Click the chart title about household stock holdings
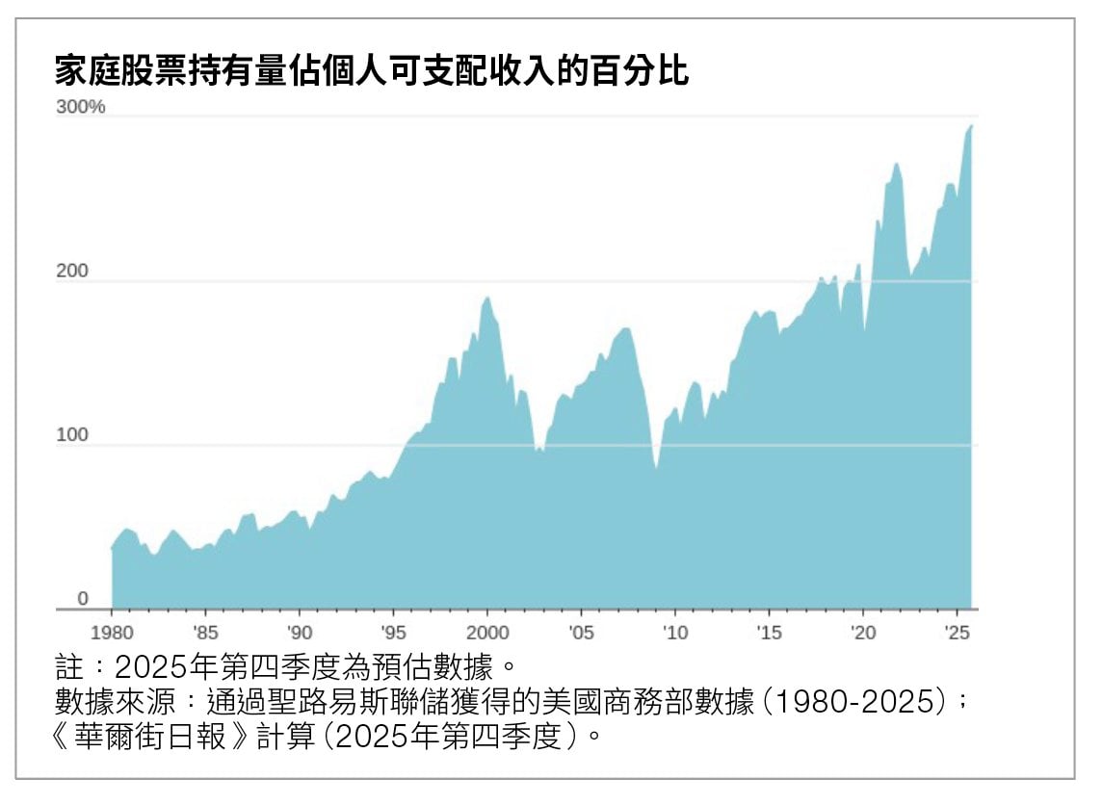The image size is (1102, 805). [372, 71]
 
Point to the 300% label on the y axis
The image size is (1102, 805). [81, 107]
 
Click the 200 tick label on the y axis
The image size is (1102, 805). [72, 272]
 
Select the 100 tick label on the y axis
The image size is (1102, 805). [72, 435]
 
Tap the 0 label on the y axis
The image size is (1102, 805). [83, 599]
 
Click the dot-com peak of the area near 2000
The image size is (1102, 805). [487, 298]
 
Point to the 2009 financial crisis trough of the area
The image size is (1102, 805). [656, 468]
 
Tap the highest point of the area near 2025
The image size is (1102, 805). [971, 125]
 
